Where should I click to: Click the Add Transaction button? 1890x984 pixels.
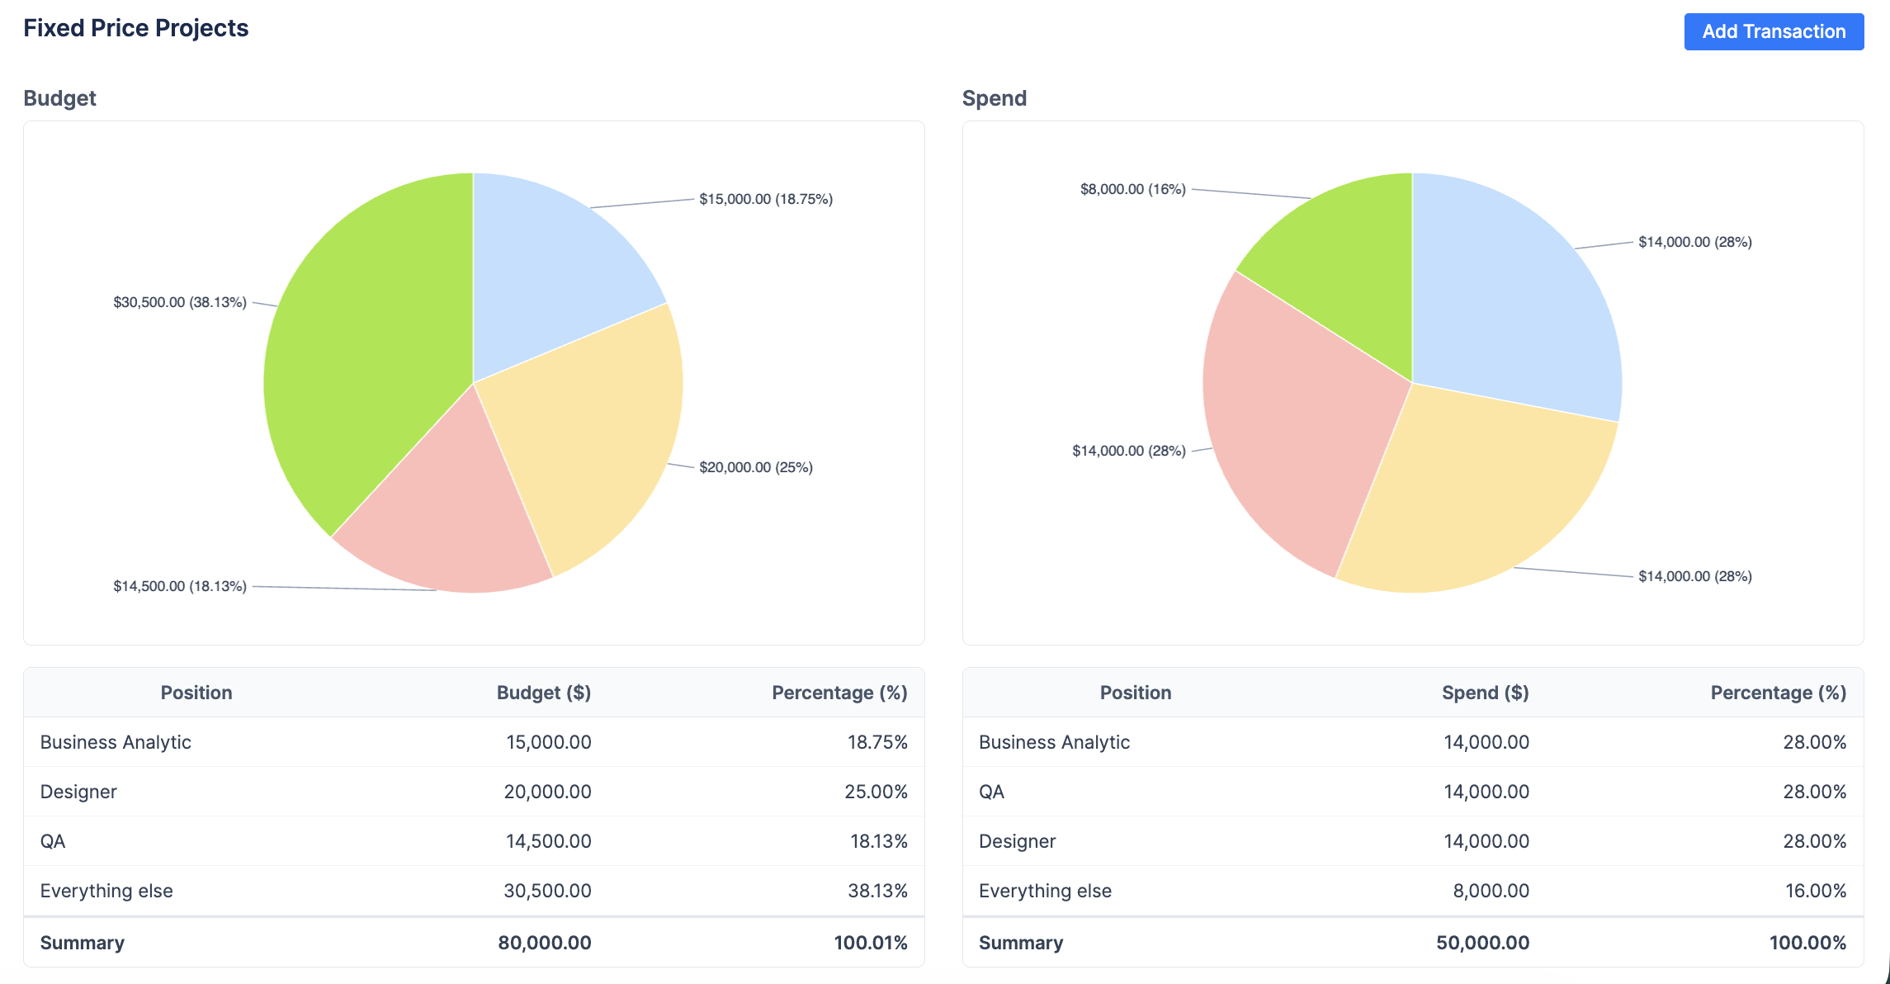click(1773, 31)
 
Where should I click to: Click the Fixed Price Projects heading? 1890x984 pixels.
click(135, 28)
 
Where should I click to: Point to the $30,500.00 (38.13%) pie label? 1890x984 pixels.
click(180, 302)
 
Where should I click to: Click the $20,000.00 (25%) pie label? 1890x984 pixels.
click(755, 467)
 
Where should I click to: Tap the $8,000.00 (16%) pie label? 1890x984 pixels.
click(1132, 189)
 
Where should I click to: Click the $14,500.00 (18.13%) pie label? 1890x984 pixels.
click(180, 586)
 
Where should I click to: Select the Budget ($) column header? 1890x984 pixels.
click(543, 693)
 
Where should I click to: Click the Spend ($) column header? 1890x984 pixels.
click(1485, 693)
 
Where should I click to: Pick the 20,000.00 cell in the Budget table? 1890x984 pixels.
click(547, 792)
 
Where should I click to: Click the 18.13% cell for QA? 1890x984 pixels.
click(878, 841)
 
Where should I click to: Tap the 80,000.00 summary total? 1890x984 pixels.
click(544, 943)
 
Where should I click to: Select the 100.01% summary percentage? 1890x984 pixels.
click(870, 943)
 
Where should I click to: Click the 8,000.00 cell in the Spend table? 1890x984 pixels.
click(1491, 891)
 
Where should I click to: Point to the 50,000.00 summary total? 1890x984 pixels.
click(1482, 943)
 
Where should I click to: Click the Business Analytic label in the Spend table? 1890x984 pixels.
click(1054, 742)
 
